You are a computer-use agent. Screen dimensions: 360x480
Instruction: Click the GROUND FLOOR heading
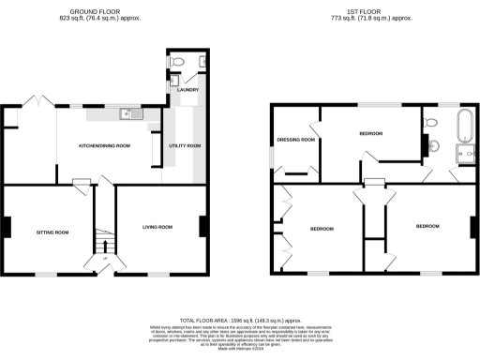point(104,10)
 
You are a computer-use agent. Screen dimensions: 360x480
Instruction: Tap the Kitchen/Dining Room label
point(104,145)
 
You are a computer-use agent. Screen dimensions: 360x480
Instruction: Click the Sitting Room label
point(52,232)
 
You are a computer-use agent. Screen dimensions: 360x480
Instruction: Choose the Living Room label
point(157,227)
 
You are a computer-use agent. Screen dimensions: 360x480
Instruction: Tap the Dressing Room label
point(295,141)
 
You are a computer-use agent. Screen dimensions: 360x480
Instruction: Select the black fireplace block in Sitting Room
point(7,227)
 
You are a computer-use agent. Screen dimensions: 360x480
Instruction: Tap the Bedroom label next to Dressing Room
point(370,134)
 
